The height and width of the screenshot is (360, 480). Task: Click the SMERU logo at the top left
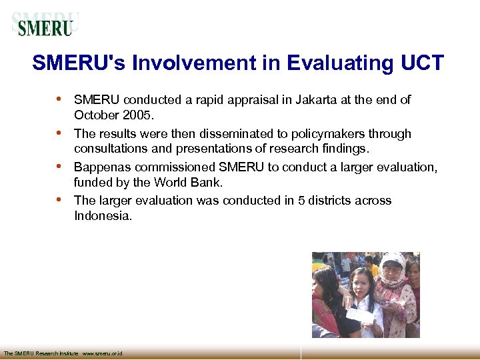pyautogui.click(x=45, y=25)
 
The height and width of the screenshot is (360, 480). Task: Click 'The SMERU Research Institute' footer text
pyautogui.click(x=41, y=353)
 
